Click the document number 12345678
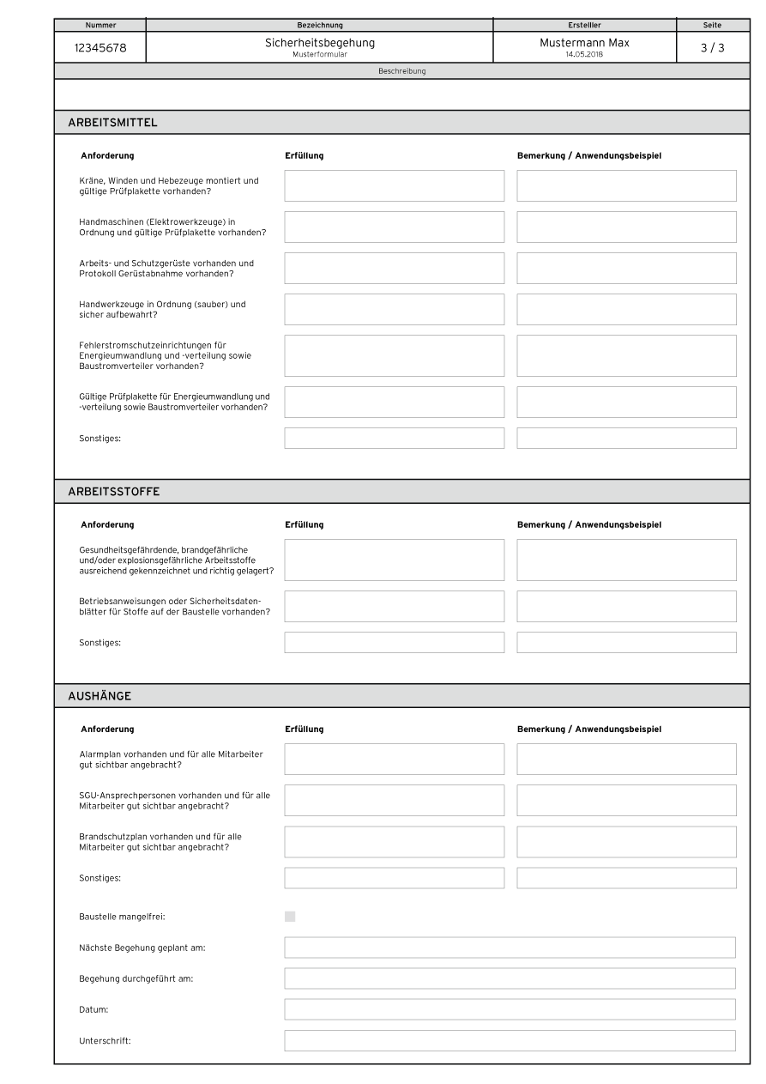(x=100, y=48)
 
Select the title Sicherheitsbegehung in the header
(x=319, y=43)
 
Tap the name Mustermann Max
(x=584, y=43)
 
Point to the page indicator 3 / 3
(x=712, y=48)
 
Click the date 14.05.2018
(x=584, y=54)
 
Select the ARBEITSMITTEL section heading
(x=112, y=123)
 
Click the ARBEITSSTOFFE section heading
(x=114, y=492)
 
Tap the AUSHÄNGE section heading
(x=100, y=696)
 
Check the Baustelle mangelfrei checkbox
(x=290, y=917)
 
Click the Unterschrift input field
(x=510, y=1040)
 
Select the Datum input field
(x=510, y=1009)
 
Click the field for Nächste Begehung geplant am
(x=510, y=948)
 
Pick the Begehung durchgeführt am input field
(x=510, y=978)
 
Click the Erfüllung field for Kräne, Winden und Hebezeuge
(x=395, y=185)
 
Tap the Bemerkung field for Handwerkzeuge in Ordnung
(x=626, y=309)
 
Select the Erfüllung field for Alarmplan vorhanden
(x=395, y=759)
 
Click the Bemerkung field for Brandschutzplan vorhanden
(x=626, y=841)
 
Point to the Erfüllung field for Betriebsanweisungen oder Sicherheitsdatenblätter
(x=395, y=606)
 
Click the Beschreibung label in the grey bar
(x=401, y=71)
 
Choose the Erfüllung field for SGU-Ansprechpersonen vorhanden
(x=395, y=800)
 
